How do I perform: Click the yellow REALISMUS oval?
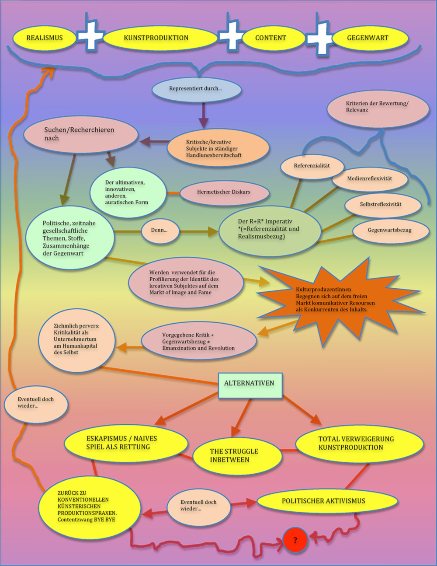(45, 38)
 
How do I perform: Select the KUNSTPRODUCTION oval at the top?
(156, 38)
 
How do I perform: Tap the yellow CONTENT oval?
(271, 38)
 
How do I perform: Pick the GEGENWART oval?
(368, 38)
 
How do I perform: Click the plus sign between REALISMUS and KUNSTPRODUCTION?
(91, 35)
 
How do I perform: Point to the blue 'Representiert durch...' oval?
(196, 89)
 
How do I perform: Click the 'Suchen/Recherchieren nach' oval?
(80, 134)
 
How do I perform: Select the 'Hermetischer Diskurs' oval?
(224, 192)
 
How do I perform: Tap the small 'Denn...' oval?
(160, 231)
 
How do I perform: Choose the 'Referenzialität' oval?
(312, 166)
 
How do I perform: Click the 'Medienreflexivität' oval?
(370, 179)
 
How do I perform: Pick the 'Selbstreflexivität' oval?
(381, 205)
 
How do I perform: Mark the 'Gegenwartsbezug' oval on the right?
(390, 231)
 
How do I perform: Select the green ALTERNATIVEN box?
(250, 384)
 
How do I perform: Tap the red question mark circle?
(295, 541)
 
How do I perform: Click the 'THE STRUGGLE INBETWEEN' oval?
(235, 456)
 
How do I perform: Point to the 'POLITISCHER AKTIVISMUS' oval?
(324, 501)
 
